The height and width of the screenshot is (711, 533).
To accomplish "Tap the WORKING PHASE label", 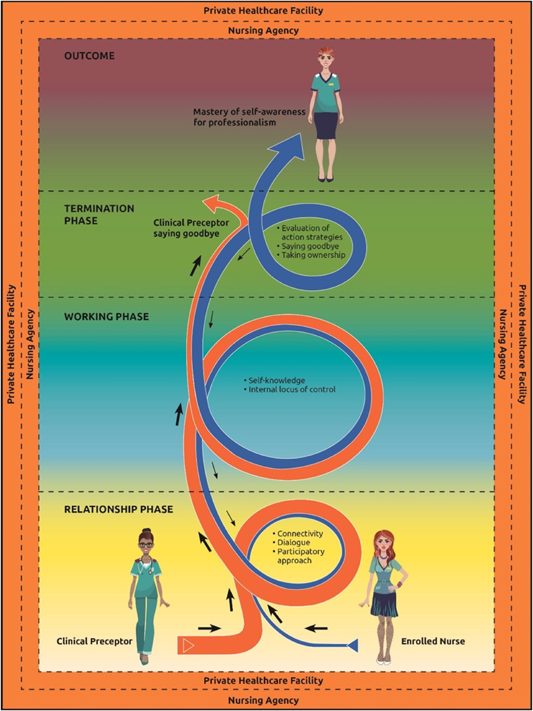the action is tap(106, 317).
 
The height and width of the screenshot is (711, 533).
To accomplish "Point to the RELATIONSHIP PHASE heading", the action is tap(119, 509).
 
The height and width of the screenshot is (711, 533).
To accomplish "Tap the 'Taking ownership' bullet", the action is tap(311, 255).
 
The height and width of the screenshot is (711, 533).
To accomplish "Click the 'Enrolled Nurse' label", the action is tap(433, 641).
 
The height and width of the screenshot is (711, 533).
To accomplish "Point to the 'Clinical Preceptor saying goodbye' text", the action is tap(191, 228).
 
